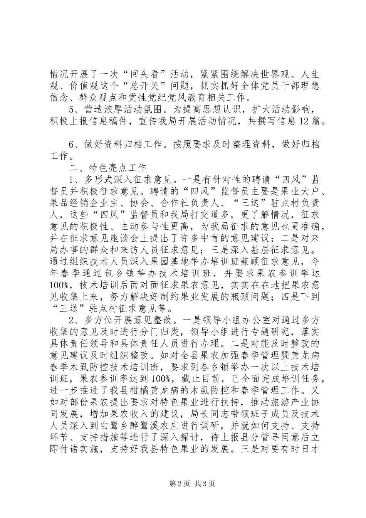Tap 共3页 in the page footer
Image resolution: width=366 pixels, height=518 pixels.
pos(205,494)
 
